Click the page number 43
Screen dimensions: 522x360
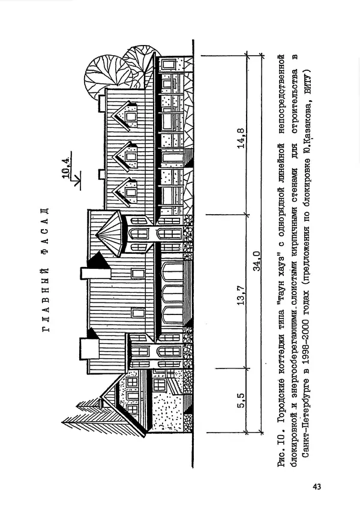click(317, 486)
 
